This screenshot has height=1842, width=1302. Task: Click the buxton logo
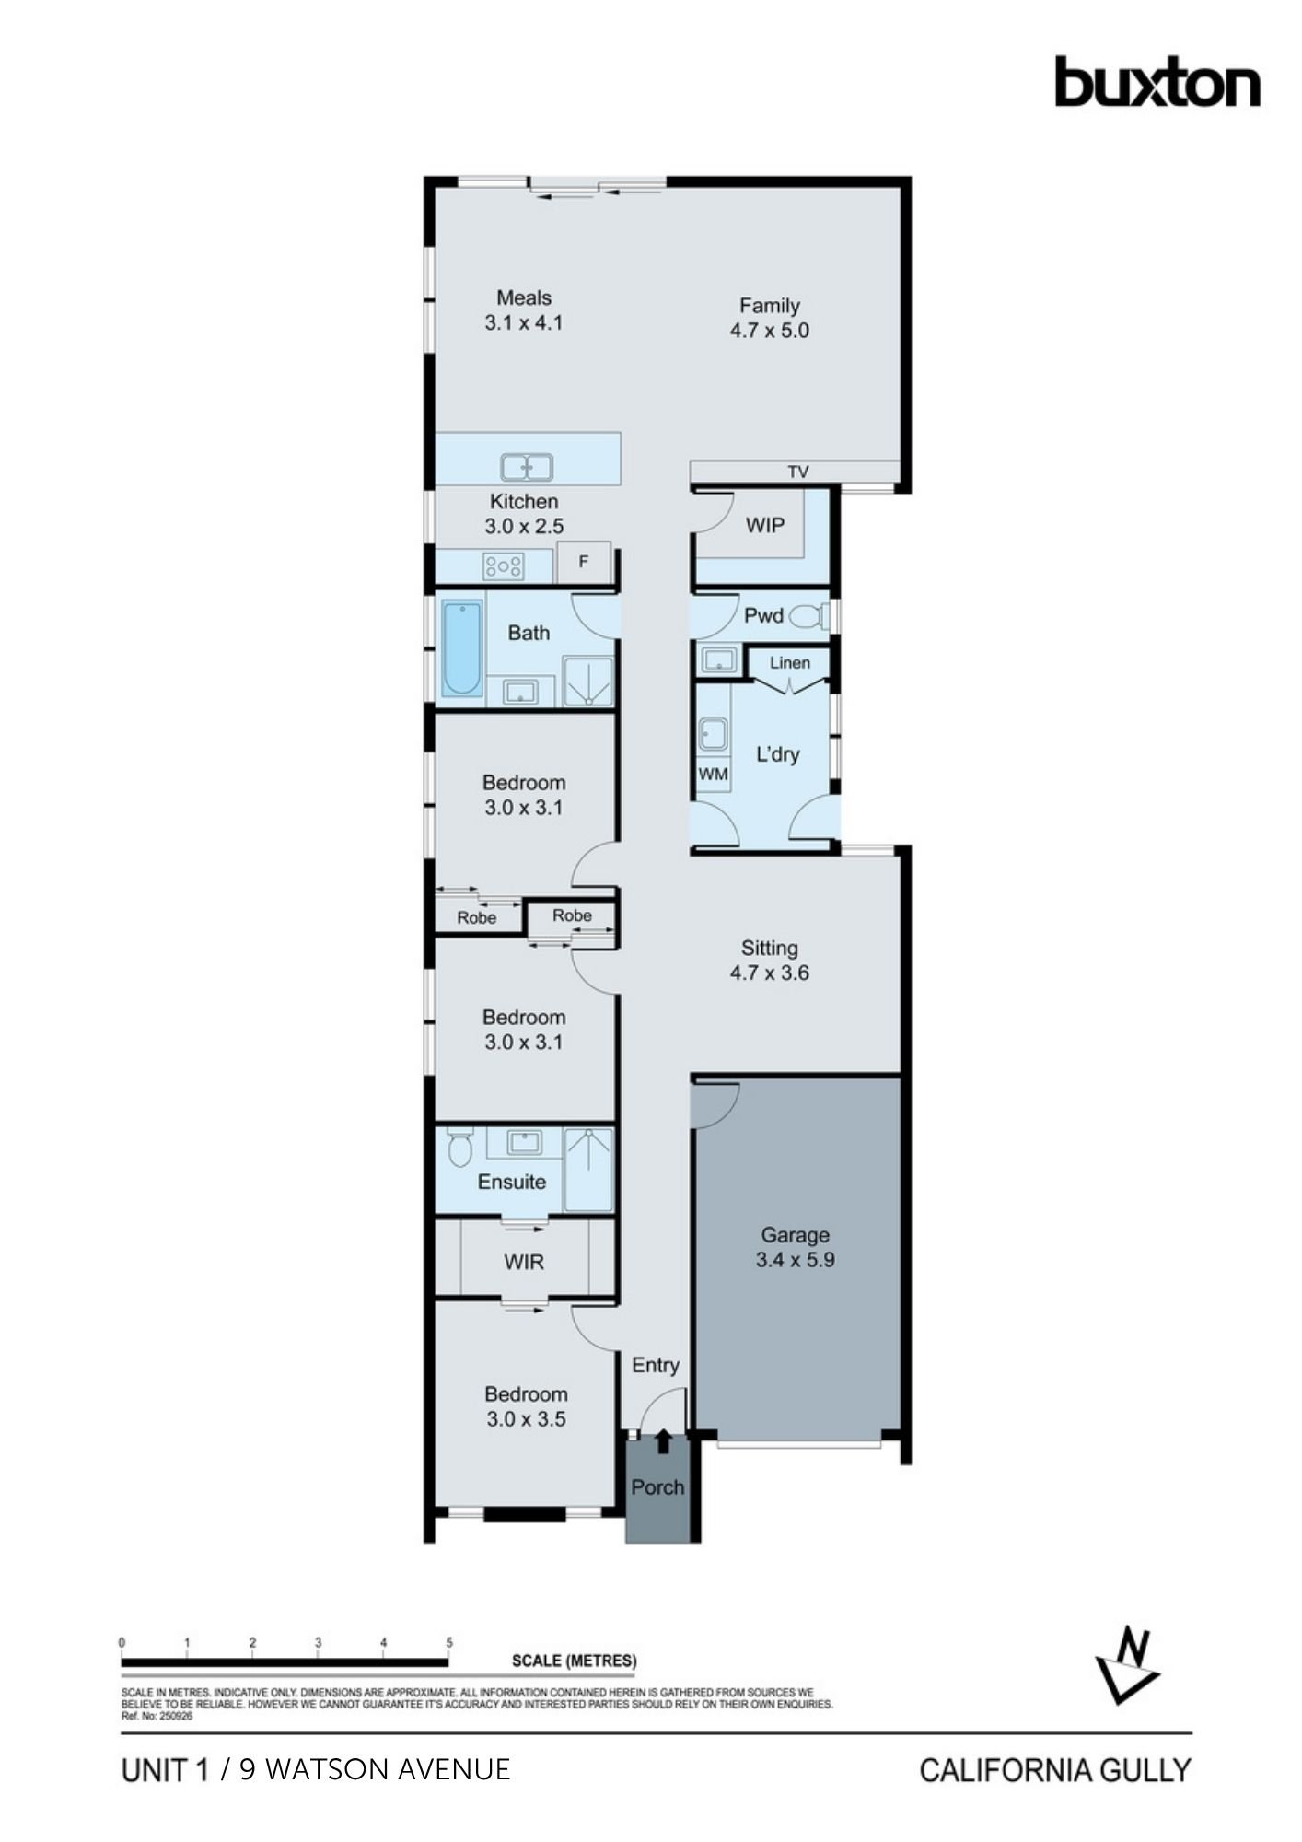1157,82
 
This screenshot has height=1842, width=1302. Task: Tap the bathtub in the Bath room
461,647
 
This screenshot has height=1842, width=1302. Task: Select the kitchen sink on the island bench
527,468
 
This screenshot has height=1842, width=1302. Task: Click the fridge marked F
583,561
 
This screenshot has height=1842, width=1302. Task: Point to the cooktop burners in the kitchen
505,565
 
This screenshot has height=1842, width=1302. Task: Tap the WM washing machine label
713,775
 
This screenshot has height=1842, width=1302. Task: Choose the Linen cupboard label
790,662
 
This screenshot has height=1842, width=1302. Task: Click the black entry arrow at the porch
663,1441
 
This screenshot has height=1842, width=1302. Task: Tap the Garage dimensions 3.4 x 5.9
796,1260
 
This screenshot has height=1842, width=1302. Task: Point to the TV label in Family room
798,472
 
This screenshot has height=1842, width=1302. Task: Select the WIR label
524,1262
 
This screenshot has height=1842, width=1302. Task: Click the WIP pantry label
765,525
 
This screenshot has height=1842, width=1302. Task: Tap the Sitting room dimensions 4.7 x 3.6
770,973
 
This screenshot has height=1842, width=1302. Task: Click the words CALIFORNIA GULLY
1055,1769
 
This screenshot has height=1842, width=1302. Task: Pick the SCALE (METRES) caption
575,1661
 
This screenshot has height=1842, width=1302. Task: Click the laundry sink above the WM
713,735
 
